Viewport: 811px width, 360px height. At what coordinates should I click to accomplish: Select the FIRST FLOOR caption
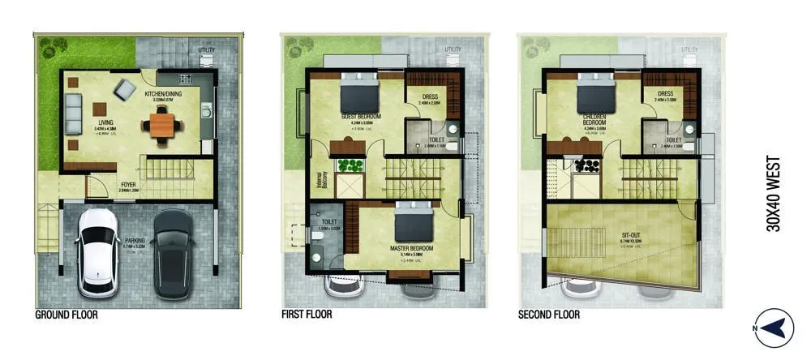point(307,315)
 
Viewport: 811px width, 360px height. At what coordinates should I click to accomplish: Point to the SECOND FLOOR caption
point(549,315)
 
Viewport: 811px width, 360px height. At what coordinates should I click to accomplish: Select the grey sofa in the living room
point(74,113)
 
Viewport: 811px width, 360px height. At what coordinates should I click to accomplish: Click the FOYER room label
point(128,185)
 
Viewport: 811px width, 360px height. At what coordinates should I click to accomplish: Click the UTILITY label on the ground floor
point(207,49)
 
